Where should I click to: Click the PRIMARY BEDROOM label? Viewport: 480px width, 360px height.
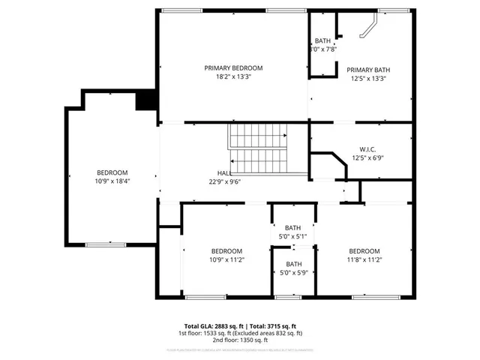click(233, 67)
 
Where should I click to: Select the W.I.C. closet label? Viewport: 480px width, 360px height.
click(367, 148)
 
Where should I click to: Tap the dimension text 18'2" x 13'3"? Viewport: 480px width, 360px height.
click(233, 76)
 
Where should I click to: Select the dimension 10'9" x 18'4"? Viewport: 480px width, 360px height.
click(112, 181)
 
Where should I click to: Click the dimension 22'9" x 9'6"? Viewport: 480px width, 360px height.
click(224, 181)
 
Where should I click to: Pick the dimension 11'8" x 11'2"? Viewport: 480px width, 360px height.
click(364, 259)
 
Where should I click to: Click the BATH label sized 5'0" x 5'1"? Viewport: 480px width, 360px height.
click(292, 227)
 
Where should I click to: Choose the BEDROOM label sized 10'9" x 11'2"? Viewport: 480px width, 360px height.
click(226, 250)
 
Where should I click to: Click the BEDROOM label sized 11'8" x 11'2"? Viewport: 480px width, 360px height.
click(364, 250)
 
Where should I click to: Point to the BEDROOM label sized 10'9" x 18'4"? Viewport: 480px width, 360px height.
click(112, 172)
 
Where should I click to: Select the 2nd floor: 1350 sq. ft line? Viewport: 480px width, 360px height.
click(239, 340)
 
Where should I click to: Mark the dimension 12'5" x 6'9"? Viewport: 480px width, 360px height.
click(367, 157)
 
